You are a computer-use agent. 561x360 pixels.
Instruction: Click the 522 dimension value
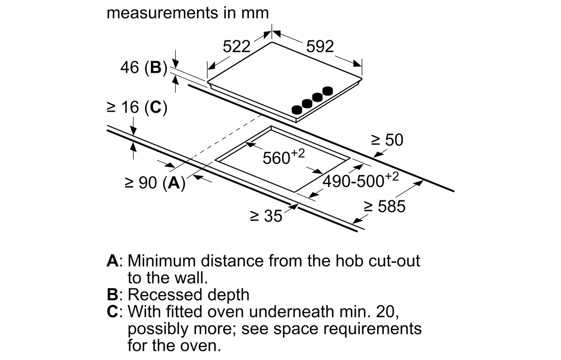click(x=236, y=47)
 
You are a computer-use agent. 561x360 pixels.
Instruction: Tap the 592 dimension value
click(x=320, y=47)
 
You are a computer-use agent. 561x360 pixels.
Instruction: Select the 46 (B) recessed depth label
click(x=143, y=68)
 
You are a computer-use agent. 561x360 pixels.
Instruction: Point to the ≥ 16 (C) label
click(x=137, y=108)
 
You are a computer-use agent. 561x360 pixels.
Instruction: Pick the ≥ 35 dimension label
click(x=265, y=215)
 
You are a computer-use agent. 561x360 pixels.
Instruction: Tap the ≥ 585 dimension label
click(x=384, y=207)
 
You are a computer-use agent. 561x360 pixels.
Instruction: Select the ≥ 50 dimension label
click(x=387, y=140)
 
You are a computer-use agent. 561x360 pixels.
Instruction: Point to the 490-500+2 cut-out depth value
click(x=361, y=180)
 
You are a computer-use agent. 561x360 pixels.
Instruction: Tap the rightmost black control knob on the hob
click(x=329, y=91)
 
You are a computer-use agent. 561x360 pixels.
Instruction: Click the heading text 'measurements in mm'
click(x=187, y=13)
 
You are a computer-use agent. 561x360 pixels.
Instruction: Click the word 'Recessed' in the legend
click(x=159, y=295)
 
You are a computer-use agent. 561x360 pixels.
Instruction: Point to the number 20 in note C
click(x=390, y=311)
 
